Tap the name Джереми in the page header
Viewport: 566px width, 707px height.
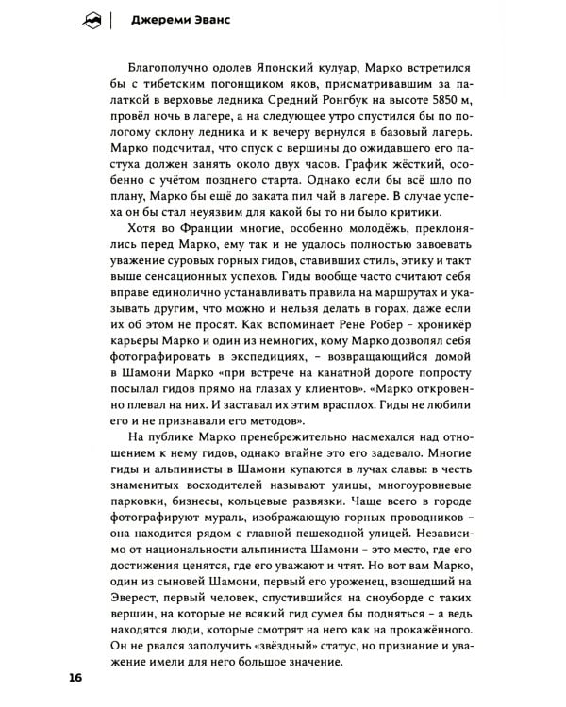point(158,19)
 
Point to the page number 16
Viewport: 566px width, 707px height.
point(75,679)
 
